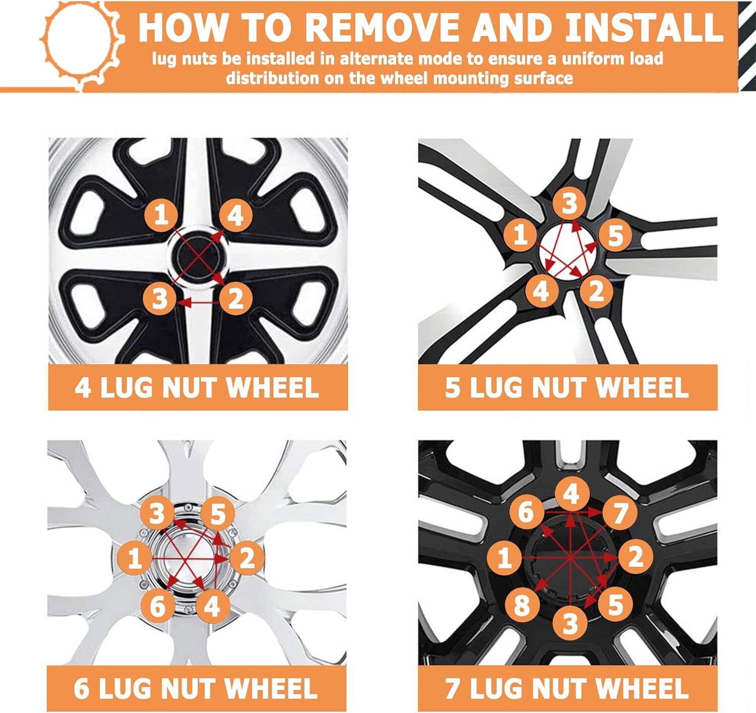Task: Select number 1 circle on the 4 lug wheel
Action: pos(161,215)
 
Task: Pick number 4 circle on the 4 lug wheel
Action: pos(236,216)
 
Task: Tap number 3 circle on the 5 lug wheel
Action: pos(570,203)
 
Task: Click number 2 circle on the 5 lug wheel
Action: pos(596,291)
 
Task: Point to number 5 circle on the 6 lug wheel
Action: pos(218,514)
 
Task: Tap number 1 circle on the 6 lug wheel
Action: pos(134,558)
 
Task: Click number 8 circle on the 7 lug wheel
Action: pos(522,605)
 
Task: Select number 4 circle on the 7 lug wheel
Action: pos(571,494)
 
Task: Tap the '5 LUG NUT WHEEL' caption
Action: pos(567,387)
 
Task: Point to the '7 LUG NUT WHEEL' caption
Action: pos(567,688)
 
